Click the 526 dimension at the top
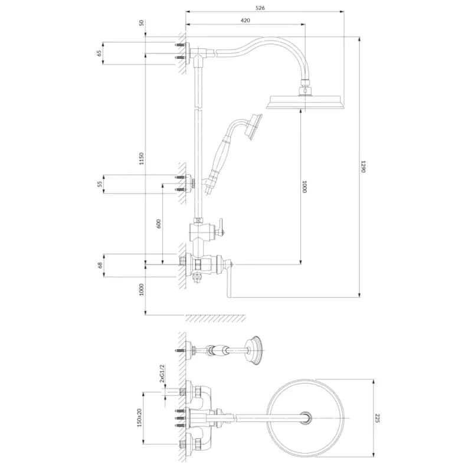tap(260, 8)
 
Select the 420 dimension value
tap(245, 21)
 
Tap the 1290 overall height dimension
tap(363, 166)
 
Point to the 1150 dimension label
tap(142, 159)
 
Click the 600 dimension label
tap(159, 224)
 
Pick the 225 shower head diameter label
tap(378, 418)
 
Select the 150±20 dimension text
tap(139, 417)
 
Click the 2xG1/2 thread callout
tap(162, 373)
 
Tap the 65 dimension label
tap(99, 53)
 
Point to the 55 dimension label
tap(100, 184)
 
